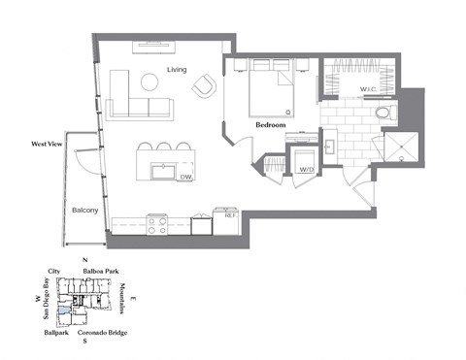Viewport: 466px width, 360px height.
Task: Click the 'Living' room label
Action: [x=176, y=70]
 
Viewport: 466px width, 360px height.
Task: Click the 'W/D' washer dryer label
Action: [x=307, y=170]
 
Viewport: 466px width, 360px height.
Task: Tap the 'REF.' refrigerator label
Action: [x=230, y=216]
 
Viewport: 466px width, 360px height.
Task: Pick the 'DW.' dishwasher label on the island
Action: [x=185, y=177]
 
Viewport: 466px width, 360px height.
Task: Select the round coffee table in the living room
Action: [x=151, y=82]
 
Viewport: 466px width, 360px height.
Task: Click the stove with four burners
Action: [x=158, y=225]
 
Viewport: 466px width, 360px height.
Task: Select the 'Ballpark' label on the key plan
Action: [x=56, y=332]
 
